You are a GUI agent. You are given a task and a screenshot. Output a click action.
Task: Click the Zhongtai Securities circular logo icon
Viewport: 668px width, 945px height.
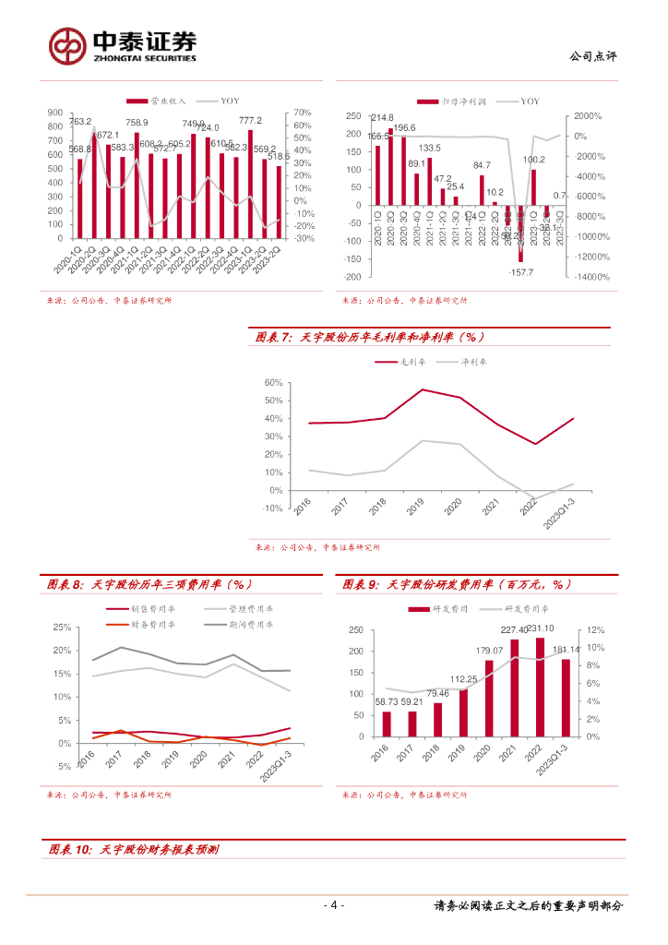click(x=67, y=45)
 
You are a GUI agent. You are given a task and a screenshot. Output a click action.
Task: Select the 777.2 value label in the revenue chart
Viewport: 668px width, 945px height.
click(x=250, y=121)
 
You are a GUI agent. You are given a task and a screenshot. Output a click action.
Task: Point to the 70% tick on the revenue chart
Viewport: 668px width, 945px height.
click(x=302, y=113)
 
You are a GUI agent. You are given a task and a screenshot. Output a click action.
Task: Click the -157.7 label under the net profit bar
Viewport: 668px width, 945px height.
click(x=521, y=272)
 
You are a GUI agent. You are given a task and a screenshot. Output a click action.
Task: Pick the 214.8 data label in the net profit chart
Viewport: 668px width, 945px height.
click(x=382, y=118)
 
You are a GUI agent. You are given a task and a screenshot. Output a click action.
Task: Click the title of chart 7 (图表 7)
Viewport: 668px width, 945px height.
click(x=369, y=338)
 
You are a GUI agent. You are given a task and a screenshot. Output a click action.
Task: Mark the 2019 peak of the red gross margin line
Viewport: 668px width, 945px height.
click(x=422, y=389)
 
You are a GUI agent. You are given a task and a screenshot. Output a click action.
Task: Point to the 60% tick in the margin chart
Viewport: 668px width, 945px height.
click(x=272, y=382)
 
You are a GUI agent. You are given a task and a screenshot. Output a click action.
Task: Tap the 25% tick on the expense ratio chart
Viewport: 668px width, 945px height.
click(x=63, y=627)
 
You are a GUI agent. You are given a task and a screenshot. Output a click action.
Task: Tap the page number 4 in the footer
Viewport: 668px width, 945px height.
click(x=335, y=905)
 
